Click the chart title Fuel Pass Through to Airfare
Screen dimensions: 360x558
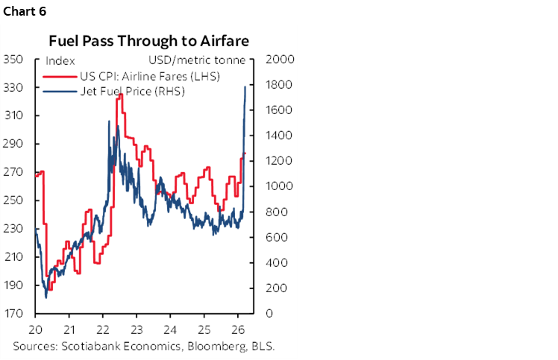[x=149, y=41]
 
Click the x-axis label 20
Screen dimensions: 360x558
[x=35, y=329]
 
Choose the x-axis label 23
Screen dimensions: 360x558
[x=136, y=329]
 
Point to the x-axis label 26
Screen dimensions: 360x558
[x=237, y=329]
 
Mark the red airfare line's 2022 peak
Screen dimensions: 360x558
[x=119, y=95]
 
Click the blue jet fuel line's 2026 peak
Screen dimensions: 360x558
[x=245, y=86]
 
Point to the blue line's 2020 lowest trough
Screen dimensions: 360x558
[x=46, y=297]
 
